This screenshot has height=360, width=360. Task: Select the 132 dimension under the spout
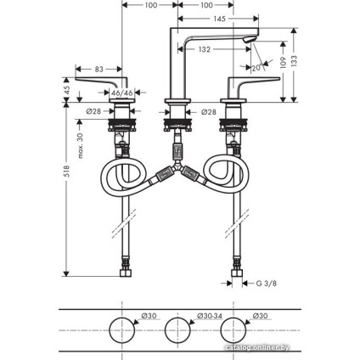204,50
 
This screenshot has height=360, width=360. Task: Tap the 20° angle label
256,68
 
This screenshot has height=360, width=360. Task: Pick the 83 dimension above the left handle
99,68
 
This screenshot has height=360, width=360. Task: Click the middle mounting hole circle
177,327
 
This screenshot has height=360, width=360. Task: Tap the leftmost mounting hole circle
122,327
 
